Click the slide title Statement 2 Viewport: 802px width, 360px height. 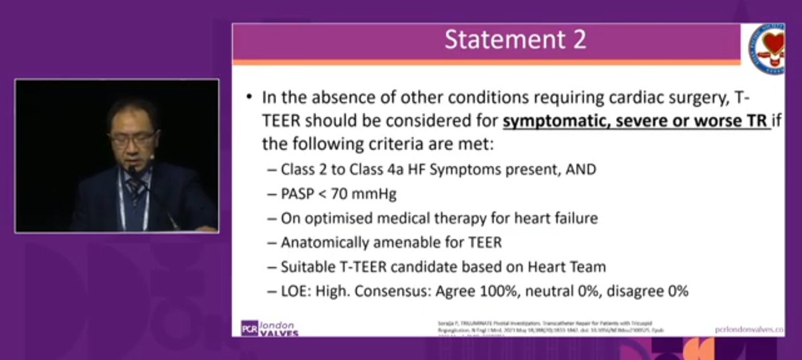[516, 40]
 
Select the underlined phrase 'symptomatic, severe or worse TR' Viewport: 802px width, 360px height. [637, 122]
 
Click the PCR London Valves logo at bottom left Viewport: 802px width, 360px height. [270, 328]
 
